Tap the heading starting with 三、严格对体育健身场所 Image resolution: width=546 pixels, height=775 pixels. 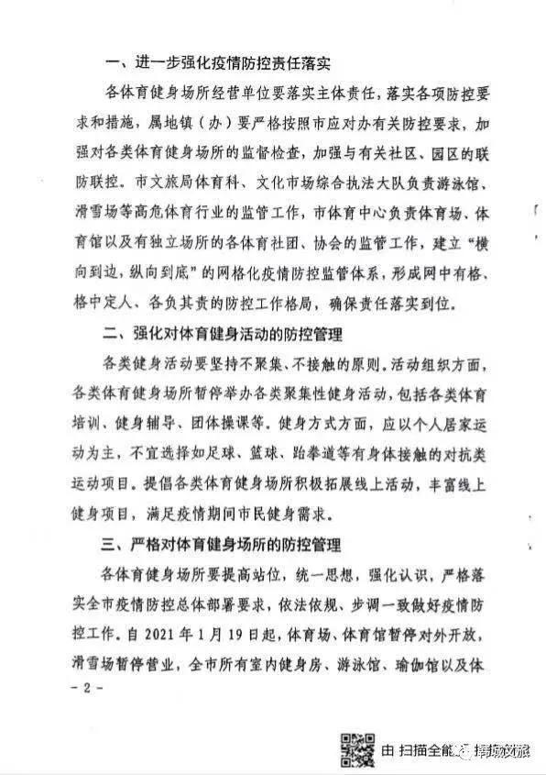click(231, 547)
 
